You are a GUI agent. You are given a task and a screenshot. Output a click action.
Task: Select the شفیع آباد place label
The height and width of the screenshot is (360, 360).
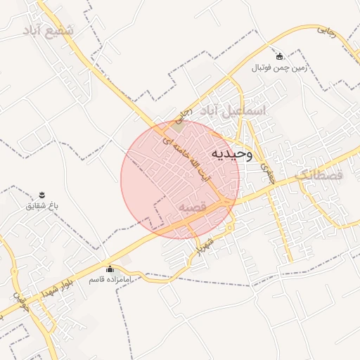point(49,32)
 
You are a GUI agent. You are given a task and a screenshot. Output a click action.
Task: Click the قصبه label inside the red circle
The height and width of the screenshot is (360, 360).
point(192,207)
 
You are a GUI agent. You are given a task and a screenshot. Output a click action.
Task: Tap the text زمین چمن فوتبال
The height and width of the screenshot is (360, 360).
point(279,67)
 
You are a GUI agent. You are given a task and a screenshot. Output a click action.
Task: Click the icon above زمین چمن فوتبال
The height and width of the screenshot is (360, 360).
point(280,56)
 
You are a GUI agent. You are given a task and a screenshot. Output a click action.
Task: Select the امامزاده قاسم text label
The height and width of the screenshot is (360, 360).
point(109,280)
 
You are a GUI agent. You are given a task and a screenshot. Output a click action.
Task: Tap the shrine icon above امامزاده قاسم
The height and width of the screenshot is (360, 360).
point(109,269)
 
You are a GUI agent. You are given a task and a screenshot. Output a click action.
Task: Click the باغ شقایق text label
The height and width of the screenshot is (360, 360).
point(41,205)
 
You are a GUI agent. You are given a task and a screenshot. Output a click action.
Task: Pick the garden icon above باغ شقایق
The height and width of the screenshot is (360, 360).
point(41,194)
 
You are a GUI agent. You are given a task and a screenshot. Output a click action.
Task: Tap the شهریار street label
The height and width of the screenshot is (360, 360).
point(204,243)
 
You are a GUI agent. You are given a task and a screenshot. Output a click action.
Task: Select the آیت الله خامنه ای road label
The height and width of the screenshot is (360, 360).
point(187,158)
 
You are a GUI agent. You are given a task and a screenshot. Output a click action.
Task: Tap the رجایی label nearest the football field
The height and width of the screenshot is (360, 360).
point(328,31)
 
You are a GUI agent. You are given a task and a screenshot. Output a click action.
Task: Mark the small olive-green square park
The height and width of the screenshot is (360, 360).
point(180,127)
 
